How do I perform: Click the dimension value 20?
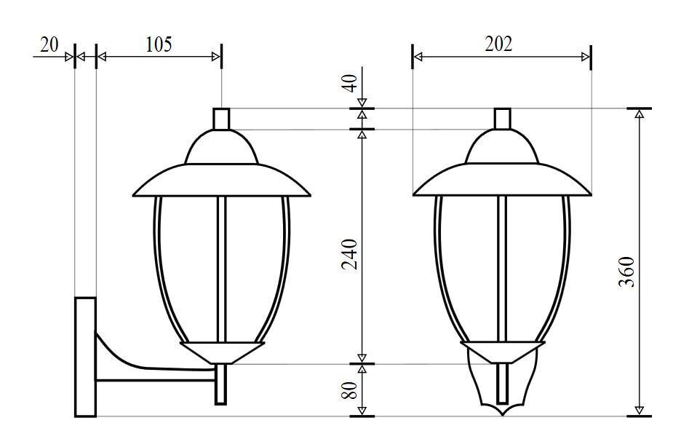tap(49, 44)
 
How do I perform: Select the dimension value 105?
tap(159, 44)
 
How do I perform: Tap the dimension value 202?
tap(498, 44)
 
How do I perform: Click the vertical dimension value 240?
tap(350, 253)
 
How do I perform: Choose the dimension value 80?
tap(350, 390)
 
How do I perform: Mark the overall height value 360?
tap(626, 272)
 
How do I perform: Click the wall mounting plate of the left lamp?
tap(86, 357)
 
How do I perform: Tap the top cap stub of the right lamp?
tap(503, 119)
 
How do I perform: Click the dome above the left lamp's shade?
tap(221, 149)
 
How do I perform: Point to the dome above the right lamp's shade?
tap(503, 149)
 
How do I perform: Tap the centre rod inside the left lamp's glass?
tap(221, 269)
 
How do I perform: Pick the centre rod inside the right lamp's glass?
tap(502, 269)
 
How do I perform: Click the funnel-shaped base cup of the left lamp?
tap(221, 352)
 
